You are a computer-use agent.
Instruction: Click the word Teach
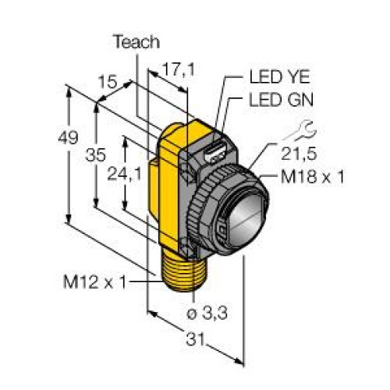137,42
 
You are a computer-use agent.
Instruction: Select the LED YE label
280,76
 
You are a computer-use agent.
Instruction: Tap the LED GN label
281,100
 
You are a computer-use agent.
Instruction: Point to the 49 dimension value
68,137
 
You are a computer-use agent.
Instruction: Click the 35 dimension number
96,155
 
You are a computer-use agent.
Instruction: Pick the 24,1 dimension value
125,174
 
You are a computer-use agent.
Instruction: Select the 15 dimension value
108,82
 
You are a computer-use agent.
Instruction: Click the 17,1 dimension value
178,69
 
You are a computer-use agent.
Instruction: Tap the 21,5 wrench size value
299,154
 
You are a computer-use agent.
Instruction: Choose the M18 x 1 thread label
312,176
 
